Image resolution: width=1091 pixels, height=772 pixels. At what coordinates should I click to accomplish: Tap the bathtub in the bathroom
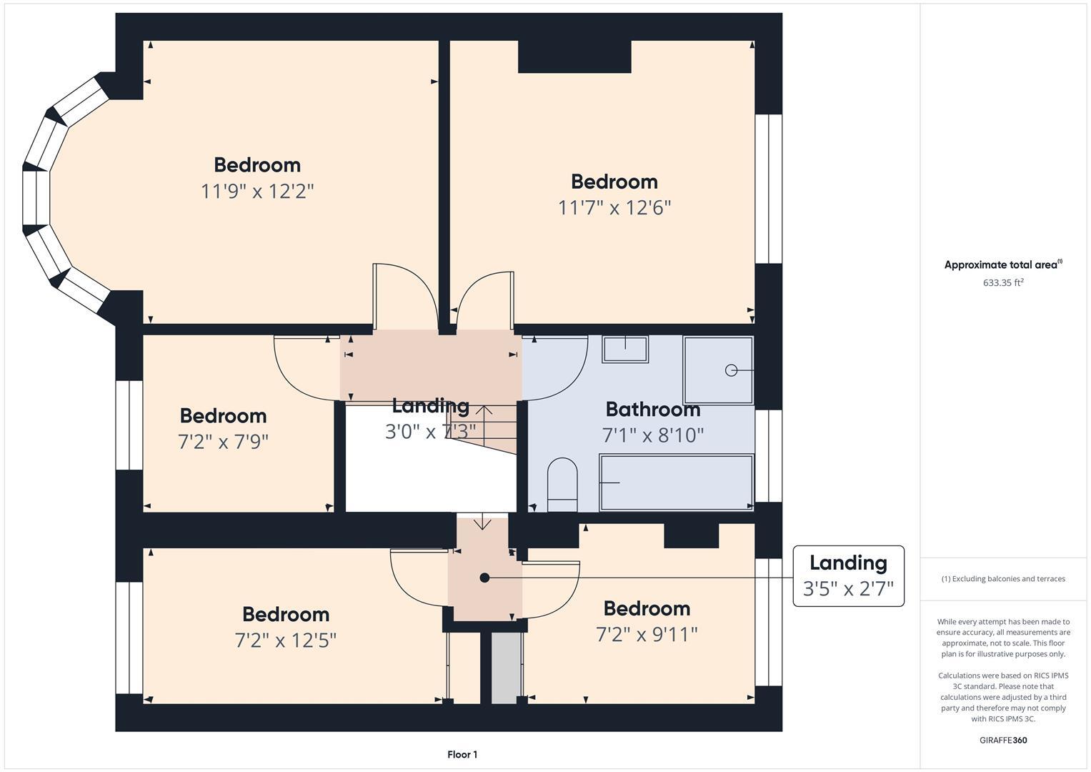(676, 482)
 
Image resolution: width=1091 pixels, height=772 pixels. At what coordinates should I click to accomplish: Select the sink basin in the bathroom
(625, 349)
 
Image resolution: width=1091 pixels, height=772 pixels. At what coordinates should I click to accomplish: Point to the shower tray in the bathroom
(718, 370)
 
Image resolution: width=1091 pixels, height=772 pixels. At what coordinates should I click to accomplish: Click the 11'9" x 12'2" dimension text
(257, 192)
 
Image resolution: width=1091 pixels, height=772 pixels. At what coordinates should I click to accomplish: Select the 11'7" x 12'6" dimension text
(614, 208)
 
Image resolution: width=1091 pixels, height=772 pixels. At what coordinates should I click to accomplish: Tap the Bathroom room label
(653, 410)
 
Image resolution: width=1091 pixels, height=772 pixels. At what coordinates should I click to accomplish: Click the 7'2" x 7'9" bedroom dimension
(223, 442)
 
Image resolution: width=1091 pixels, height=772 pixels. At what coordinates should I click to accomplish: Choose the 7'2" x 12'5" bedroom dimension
(286, 640)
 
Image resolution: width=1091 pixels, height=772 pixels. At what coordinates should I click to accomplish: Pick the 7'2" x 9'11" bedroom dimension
(647, 634)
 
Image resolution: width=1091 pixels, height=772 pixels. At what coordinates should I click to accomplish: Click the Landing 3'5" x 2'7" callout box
(848, 576)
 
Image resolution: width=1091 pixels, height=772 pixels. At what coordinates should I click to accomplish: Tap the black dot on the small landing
(484, 578)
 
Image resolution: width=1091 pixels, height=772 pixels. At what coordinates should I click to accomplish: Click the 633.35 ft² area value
(1003, 282)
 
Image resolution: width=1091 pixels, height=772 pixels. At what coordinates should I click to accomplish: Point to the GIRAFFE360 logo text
(1003, 741)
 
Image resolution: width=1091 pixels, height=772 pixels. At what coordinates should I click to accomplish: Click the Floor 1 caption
(462, 755)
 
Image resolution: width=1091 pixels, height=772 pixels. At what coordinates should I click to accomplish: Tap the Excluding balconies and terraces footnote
(1003, 579)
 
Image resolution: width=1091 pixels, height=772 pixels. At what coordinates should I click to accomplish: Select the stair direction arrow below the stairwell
(483, 522)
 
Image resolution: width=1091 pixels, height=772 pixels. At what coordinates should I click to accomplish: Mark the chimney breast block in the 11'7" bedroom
(574, 56)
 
